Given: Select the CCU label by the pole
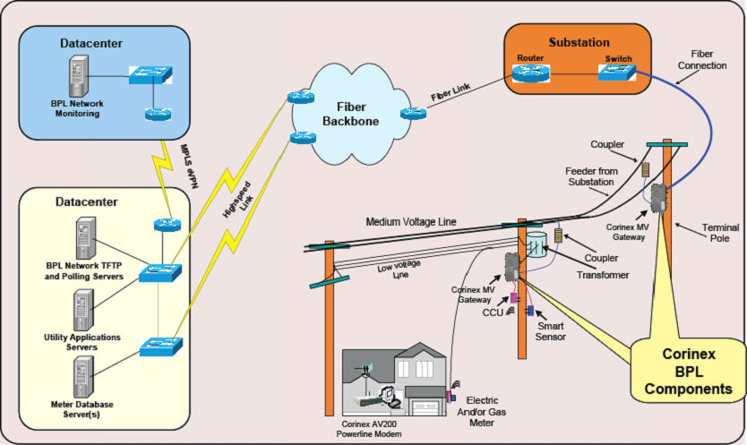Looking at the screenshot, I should (x=494, y=312).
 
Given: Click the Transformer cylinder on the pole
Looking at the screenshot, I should (x=538, y=247).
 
